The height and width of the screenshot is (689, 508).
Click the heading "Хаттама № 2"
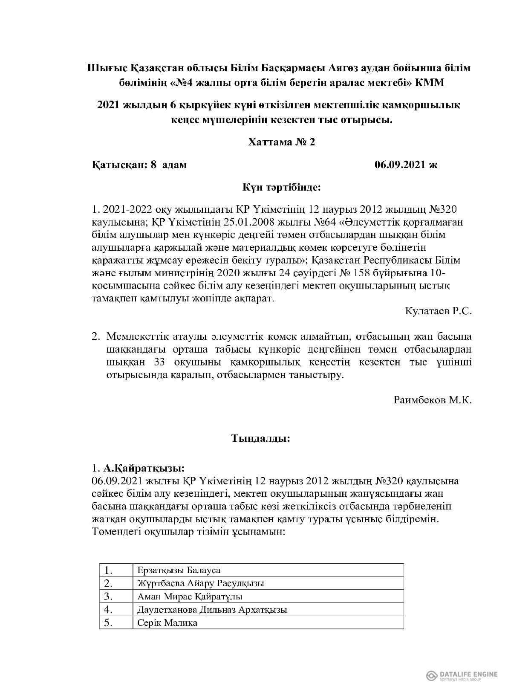click(x=281, y=142)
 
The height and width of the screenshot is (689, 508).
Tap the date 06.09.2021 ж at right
click(x=406, y=165)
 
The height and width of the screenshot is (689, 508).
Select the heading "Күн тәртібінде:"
click(x=281, y=187)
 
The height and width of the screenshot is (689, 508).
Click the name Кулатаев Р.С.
click(x=438, y=311)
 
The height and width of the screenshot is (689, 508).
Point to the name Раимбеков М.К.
click(x=433, y=400)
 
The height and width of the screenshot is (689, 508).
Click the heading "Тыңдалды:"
click(x=261, y=438)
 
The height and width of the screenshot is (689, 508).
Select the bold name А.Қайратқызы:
click(x=144, y=468)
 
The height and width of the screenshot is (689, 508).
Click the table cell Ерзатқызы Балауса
click(x=179, y=570)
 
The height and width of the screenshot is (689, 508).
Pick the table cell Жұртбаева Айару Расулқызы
click(x=201, y=583)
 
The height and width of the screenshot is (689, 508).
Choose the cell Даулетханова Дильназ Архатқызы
click(x=212, y=609)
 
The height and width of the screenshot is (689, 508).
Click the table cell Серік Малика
click(x=167, y=622)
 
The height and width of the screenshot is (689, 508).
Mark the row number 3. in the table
click(x=108, y=596)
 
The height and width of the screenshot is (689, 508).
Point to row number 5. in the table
click(x=108, y=622)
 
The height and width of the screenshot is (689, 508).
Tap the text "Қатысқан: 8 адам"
click(x=139, y=165)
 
